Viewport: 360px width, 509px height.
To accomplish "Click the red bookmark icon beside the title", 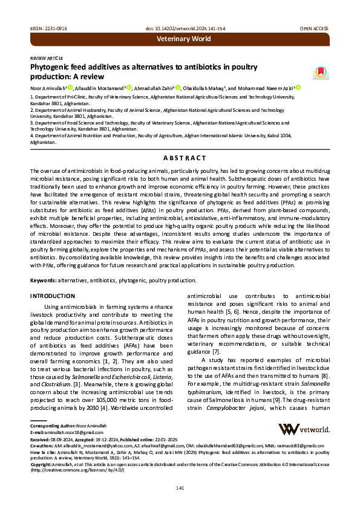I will coord(320,72).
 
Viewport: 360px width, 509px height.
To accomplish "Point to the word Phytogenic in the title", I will coord(51,66).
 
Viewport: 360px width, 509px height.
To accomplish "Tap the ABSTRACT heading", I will coord(180,157).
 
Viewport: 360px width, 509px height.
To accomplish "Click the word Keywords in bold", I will coord(44,280).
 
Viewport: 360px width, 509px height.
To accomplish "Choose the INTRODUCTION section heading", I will coord(53,296).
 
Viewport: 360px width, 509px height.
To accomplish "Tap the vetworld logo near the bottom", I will coord(304,429).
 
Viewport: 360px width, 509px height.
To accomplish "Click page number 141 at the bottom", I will coord(180,488).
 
